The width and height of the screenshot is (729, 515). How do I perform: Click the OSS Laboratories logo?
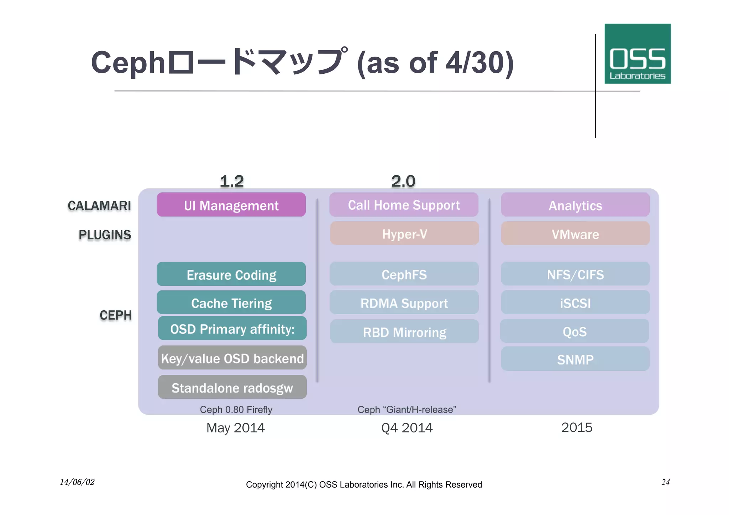point(637,54)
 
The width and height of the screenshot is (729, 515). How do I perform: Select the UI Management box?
point(231,205)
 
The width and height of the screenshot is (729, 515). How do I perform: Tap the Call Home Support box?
point(404,205)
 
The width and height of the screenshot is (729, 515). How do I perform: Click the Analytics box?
point(575,205)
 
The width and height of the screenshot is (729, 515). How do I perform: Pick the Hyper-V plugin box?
point(404,233)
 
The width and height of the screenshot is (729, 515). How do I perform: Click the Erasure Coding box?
point(231,274)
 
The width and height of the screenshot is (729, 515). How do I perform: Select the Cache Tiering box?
point(231,303)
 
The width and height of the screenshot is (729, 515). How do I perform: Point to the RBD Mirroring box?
point(404,332)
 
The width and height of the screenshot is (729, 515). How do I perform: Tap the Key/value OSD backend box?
point(232,358)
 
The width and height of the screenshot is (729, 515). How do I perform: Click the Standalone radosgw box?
point(232,387)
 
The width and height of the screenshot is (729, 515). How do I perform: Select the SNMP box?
point(575,359)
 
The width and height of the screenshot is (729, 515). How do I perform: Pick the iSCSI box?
point(575,303)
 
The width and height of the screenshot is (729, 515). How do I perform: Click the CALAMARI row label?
point(99,205)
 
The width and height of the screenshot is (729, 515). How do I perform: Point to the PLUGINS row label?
point(105,235)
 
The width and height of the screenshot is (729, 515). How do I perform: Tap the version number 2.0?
point(403,181)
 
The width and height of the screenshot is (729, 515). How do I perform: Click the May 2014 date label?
point(235,427)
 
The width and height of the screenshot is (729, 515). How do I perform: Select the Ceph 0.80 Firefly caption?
point(236,409)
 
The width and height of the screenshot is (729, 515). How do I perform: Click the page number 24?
point(665,482)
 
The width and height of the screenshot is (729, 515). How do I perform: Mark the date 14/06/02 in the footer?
point(77,482)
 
